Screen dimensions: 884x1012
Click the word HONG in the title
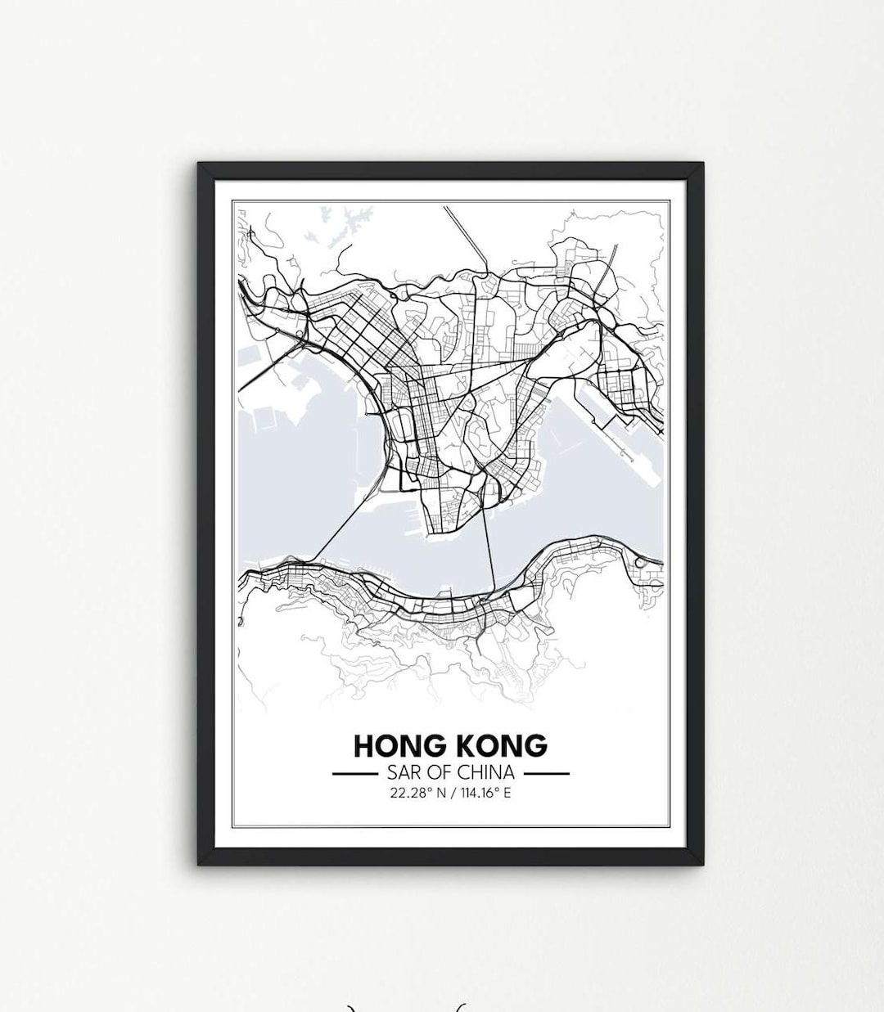[x=396, y=746]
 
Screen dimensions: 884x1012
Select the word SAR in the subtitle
[x=395, y=772]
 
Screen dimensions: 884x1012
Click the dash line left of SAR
[x=353, y=772]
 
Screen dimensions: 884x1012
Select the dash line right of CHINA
[x=546, y=772]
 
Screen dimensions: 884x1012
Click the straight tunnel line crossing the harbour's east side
[x=489, y=548]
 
